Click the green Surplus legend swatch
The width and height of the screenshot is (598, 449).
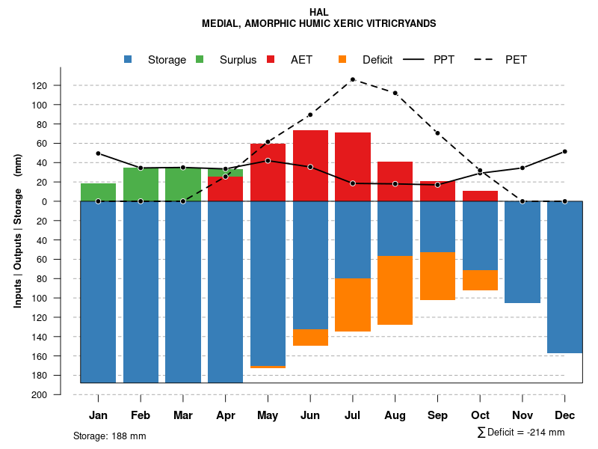[200, 60]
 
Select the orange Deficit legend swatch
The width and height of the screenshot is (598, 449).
[342, 60]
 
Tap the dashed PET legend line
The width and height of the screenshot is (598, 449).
[486, 60]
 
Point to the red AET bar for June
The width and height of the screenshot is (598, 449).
[310, 165]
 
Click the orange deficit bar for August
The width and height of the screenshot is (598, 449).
[395, 290]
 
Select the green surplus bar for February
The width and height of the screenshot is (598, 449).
[141, 184]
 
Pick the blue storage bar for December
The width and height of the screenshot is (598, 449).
[564, 277]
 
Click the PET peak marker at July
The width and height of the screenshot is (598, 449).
[352, 79]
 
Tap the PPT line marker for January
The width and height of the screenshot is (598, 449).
[98, 153]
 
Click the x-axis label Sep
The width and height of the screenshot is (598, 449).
[437, 415]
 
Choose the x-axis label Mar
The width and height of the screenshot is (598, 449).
[183, 415]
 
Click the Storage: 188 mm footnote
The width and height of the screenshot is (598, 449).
[109, 436]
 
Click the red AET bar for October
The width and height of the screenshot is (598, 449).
[480, 196]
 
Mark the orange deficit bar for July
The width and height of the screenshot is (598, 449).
[352, 305]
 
